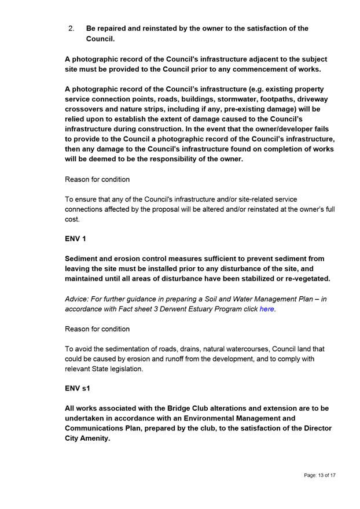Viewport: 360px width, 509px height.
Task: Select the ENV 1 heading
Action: (75, 239)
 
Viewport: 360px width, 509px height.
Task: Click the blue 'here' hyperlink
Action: (266, 309)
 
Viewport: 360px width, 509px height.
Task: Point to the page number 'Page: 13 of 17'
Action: (319, 475)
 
